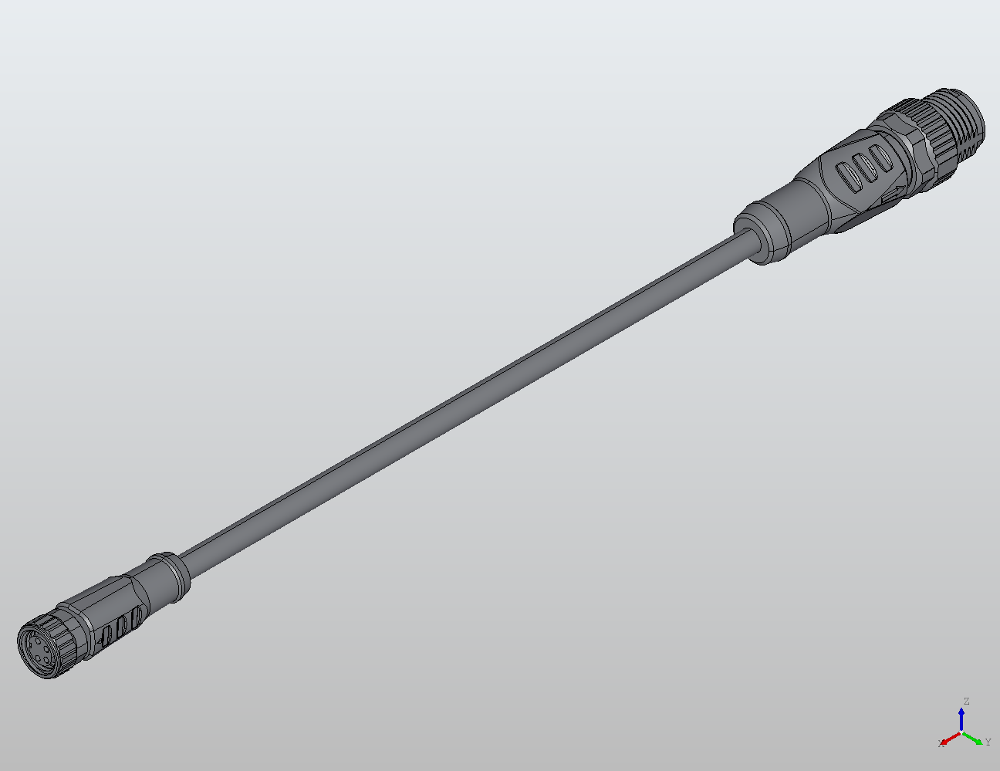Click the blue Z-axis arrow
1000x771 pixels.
point(961,719)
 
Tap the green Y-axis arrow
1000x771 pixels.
point(975,739)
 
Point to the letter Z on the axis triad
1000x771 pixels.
point(965,702)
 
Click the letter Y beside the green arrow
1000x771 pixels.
point(988,742)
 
